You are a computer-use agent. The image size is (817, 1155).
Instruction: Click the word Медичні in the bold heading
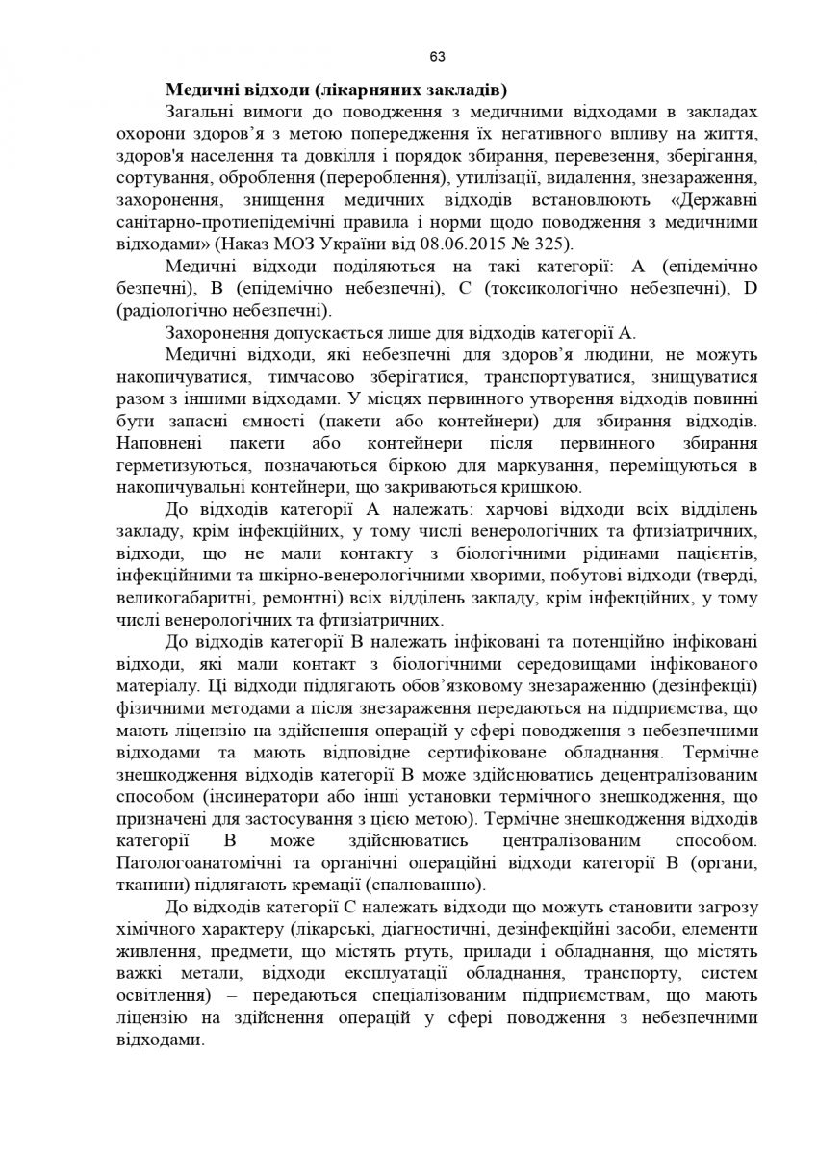point(197,92)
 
